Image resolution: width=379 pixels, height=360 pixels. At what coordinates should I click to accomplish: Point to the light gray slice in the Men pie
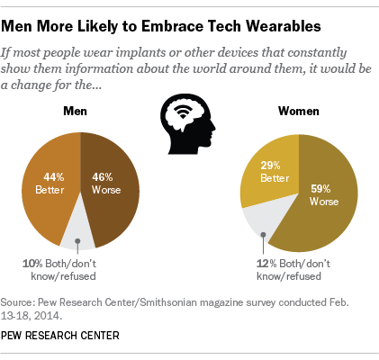click(x=78, y=230)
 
